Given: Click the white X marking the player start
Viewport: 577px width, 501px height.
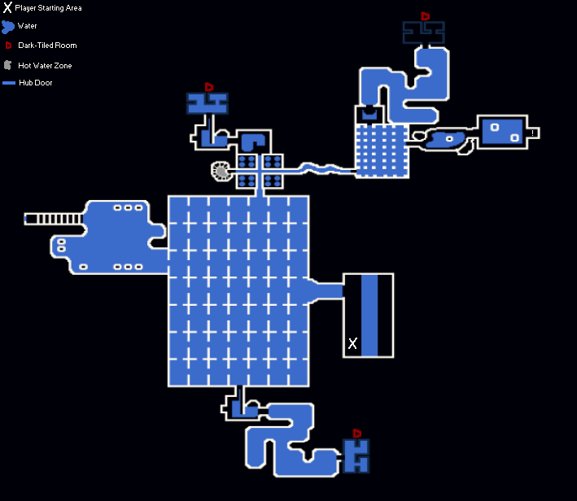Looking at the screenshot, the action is (352, 343).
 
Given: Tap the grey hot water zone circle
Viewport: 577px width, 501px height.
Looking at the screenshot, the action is (221, 171).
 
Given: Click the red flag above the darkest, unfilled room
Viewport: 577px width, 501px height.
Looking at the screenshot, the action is (425, 15).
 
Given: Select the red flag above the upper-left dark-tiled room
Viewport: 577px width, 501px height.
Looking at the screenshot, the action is (209, 87).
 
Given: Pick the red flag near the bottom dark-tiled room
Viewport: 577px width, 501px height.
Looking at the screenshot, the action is (356, 433).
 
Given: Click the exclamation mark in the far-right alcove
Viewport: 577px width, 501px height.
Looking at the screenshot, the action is (532, 133).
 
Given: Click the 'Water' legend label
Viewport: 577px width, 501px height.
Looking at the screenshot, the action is (27, 26).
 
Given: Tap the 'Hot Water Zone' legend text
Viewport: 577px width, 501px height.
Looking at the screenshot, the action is (45, 66).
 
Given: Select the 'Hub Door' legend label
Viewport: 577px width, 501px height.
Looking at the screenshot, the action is (36, 83).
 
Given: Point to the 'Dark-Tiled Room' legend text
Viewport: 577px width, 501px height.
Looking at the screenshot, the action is (47, 46).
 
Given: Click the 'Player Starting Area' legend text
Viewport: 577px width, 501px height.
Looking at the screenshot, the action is (48, 7).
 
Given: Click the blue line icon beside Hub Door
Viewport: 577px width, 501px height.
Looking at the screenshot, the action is (9, 83).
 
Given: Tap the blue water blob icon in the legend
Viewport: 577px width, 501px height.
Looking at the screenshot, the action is (7, 27).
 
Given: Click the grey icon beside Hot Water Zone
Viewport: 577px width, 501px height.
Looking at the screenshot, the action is (7, 66).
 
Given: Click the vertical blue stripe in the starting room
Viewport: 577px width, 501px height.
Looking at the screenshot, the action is (369, 316).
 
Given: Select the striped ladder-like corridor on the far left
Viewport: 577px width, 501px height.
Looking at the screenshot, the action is (54, 219).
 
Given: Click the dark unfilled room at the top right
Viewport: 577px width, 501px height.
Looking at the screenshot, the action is (423, 33).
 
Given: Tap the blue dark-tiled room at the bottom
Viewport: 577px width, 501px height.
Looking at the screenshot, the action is (356, 455).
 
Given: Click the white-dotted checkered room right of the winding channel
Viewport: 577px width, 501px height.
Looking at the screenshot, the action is (382, 151).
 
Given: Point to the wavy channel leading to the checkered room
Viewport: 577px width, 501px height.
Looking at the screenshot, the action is (319, 169).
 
